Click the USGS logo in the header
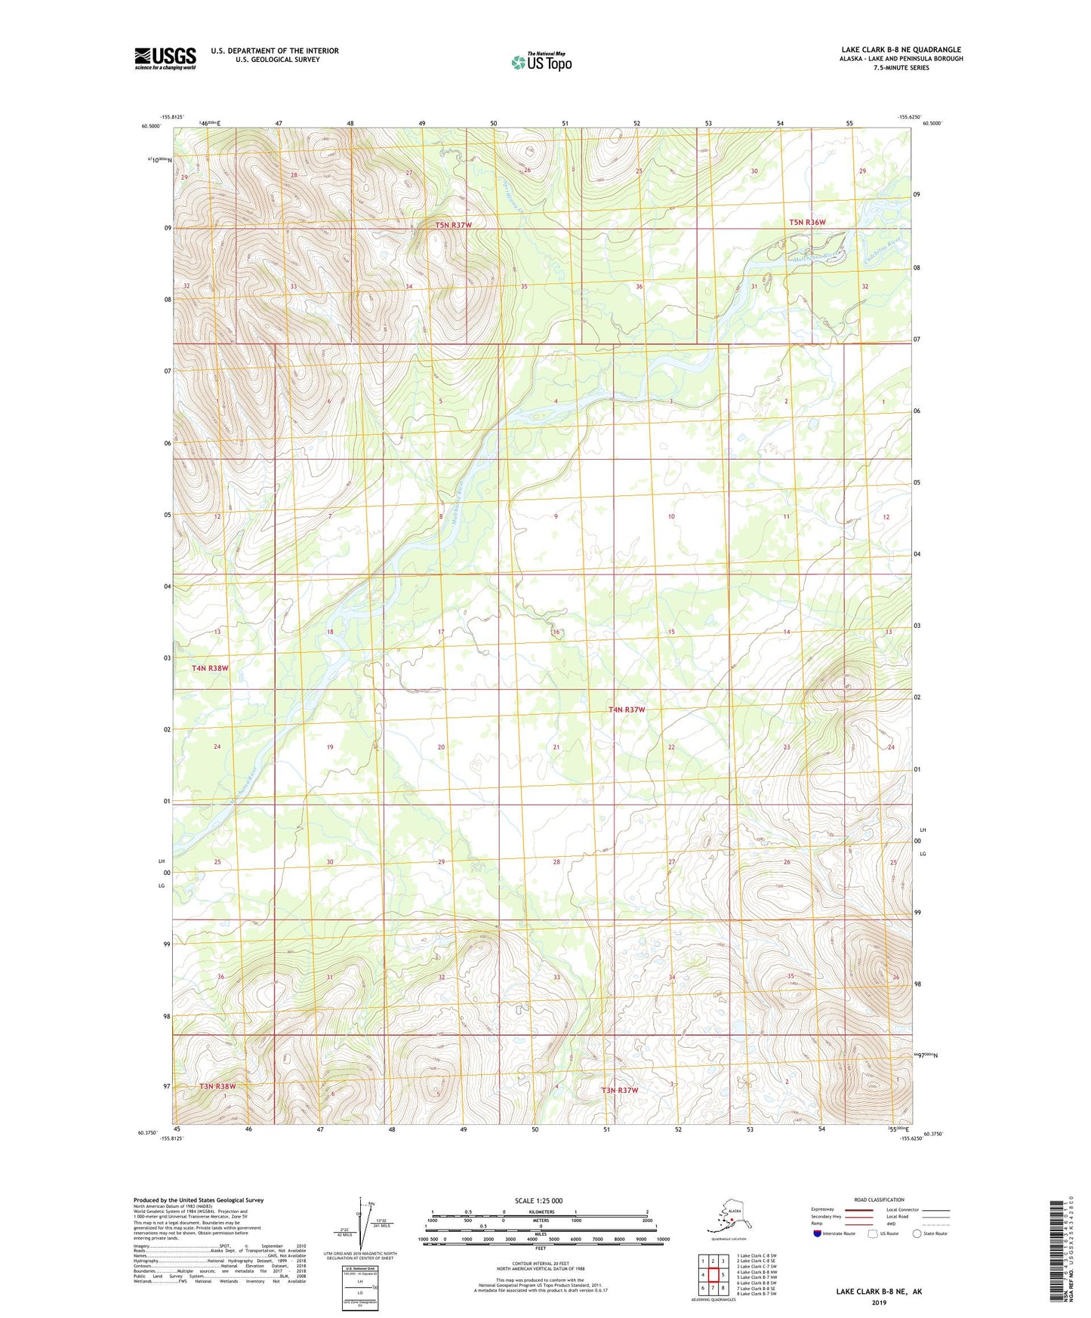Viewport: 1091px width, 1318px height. pos(165,58)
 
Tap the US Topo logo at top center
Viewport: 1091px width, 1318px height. pos(541,62)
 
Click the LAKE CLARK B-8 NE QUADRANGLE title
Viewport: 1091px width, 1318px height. pos(901,50)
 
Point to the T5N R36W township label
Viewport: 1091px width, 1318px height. pos(807,223)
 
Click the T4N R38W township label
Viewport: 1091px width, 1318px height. pos(210,668)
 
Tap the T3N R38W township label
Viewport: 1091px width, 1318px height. pos(217,1086)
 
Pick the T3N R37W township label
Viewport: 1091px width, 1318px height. pos(620,1090)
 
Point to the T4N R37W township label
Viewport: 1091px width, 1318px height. pos(627,710)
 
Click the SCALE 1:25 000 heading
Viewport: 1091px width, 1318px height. pos(538,1201)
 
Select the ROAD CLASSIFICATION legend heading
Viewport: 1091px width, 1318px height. pos(879,1199)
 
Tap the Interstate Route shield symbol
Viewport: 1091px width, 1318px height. pos(817,1233)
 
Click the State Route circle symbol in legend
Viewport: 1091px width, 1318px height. pos(917,1233)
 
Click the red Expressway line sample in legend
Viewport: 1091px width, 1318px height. pos(858,1210)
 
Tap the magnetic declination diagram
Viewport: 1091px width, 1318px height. pos(361,1226)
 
